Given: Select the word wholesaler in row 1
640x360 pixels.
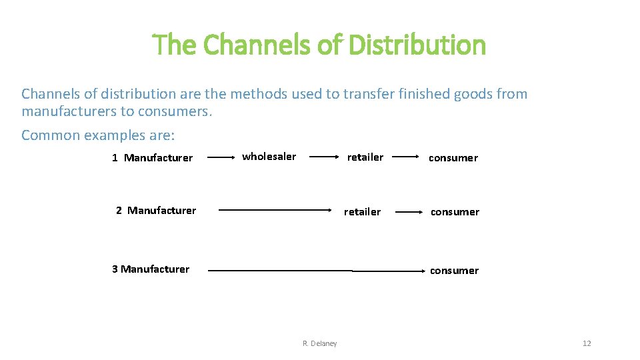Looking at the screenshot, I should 269,157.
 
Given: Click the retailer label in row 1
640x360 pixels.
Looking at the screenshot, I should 365,157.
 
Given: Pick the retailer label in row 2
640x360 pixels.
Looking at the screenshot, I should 362,212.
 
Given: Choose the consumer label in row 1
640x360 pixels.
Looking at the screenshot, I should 453,158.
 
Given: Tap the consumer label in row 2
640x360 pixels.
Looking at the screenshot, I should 455,212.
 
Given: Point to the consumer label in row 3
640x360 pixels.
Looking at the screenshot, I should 454,271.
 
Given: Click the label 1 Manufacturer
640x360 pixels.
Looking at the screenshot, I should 153,158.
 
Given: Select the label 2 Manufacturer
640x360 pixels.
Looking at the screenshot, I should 156,211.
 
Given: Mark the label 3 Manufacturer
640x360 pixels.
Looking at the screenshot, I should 151,269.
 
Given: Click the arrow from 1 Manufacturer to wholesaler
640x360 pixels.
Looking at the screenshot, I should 223,157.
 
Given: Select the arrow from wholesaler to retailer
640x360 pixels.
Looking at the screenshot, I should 324,157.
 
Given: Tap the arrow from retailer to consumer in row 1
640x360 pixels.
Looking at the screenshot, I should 407,157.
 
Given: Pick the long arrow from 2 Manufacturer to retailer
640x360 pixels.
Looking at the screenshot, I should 276,210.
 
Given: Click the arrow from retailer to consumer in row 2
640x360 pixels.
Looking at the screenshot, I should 409,212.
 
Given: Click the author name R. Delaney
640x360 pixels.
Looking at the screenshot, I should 320,343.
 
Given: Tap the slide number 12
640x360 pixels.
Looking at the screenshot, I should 587,343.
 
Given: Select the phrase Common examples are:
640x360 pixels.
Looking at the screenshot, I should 98,135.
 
